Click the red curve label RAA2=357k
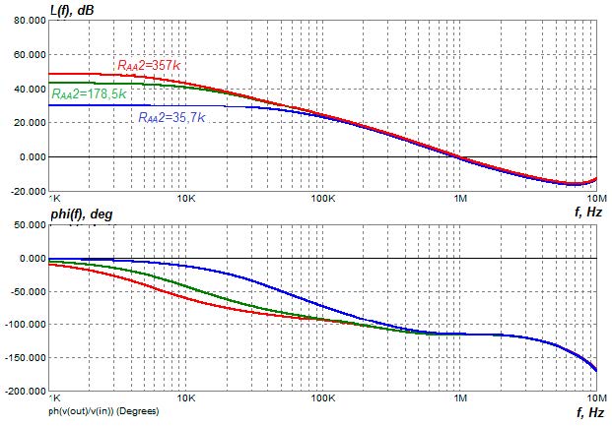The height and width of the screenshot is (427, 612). tap(149, 65)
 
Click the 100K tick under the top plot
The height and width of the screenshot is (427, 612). tap(323, 198)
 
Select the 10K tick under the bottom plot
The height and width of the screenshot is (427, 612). tap(185, 399)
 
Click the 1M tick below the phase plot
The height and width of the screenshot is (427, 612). tap(459, 399)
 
